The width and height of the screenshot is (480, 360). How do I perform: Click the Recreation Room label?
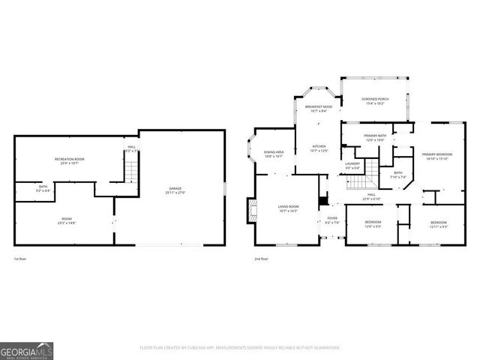69,159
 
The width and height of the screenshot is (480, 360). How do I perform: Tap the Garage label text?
175,189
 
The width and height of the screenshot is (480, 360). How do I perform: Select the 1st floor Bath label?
43,187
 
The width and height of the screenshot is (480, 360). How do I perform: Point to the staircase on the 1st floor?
131,173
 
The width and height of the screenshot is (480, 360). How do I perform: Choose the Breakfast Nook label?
318,107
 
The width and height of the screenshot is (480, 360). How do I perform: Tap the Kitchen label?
319,146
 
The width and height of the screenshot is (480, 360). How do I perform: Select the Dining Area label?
274,152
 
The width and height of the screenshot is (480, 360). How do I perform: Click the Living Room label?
289,207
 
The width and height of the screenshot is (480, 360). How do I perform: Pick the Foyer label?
332,218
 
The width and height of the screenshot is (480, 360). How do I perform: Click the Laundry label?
352,163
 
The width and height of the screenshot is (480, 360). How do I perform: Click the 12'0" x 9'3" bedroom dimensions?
373,226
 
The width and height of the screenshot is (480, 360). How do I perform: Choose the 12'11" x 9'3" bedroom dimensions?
438,226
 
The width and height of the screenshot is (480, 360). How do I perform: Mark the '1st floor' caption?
22,259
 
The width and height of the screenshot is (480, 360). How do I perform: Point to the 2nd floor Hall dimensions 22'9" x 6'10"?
372,199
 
